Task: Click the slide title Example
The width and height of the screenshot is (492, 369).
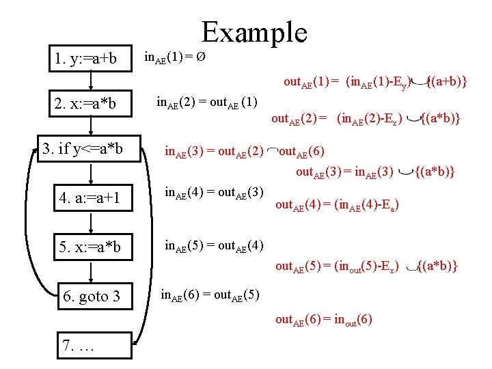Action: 254,32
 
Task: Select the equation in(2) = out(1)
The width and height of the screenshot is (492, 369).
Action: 206,102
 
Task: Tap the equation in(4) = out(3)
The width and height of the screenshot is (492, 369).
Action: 215,193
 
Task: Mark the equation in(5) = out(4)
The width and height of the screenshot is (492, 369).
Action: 215,245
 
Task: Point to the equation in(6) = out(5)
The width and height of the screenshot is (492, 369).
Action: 209,295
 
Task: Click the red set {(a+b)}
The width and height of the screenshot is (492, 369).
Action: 446,82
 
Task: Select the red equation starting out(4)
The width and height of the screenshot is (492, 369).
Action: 336,204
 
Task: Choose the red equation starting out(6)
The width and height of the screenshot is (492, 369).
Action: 323,319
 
